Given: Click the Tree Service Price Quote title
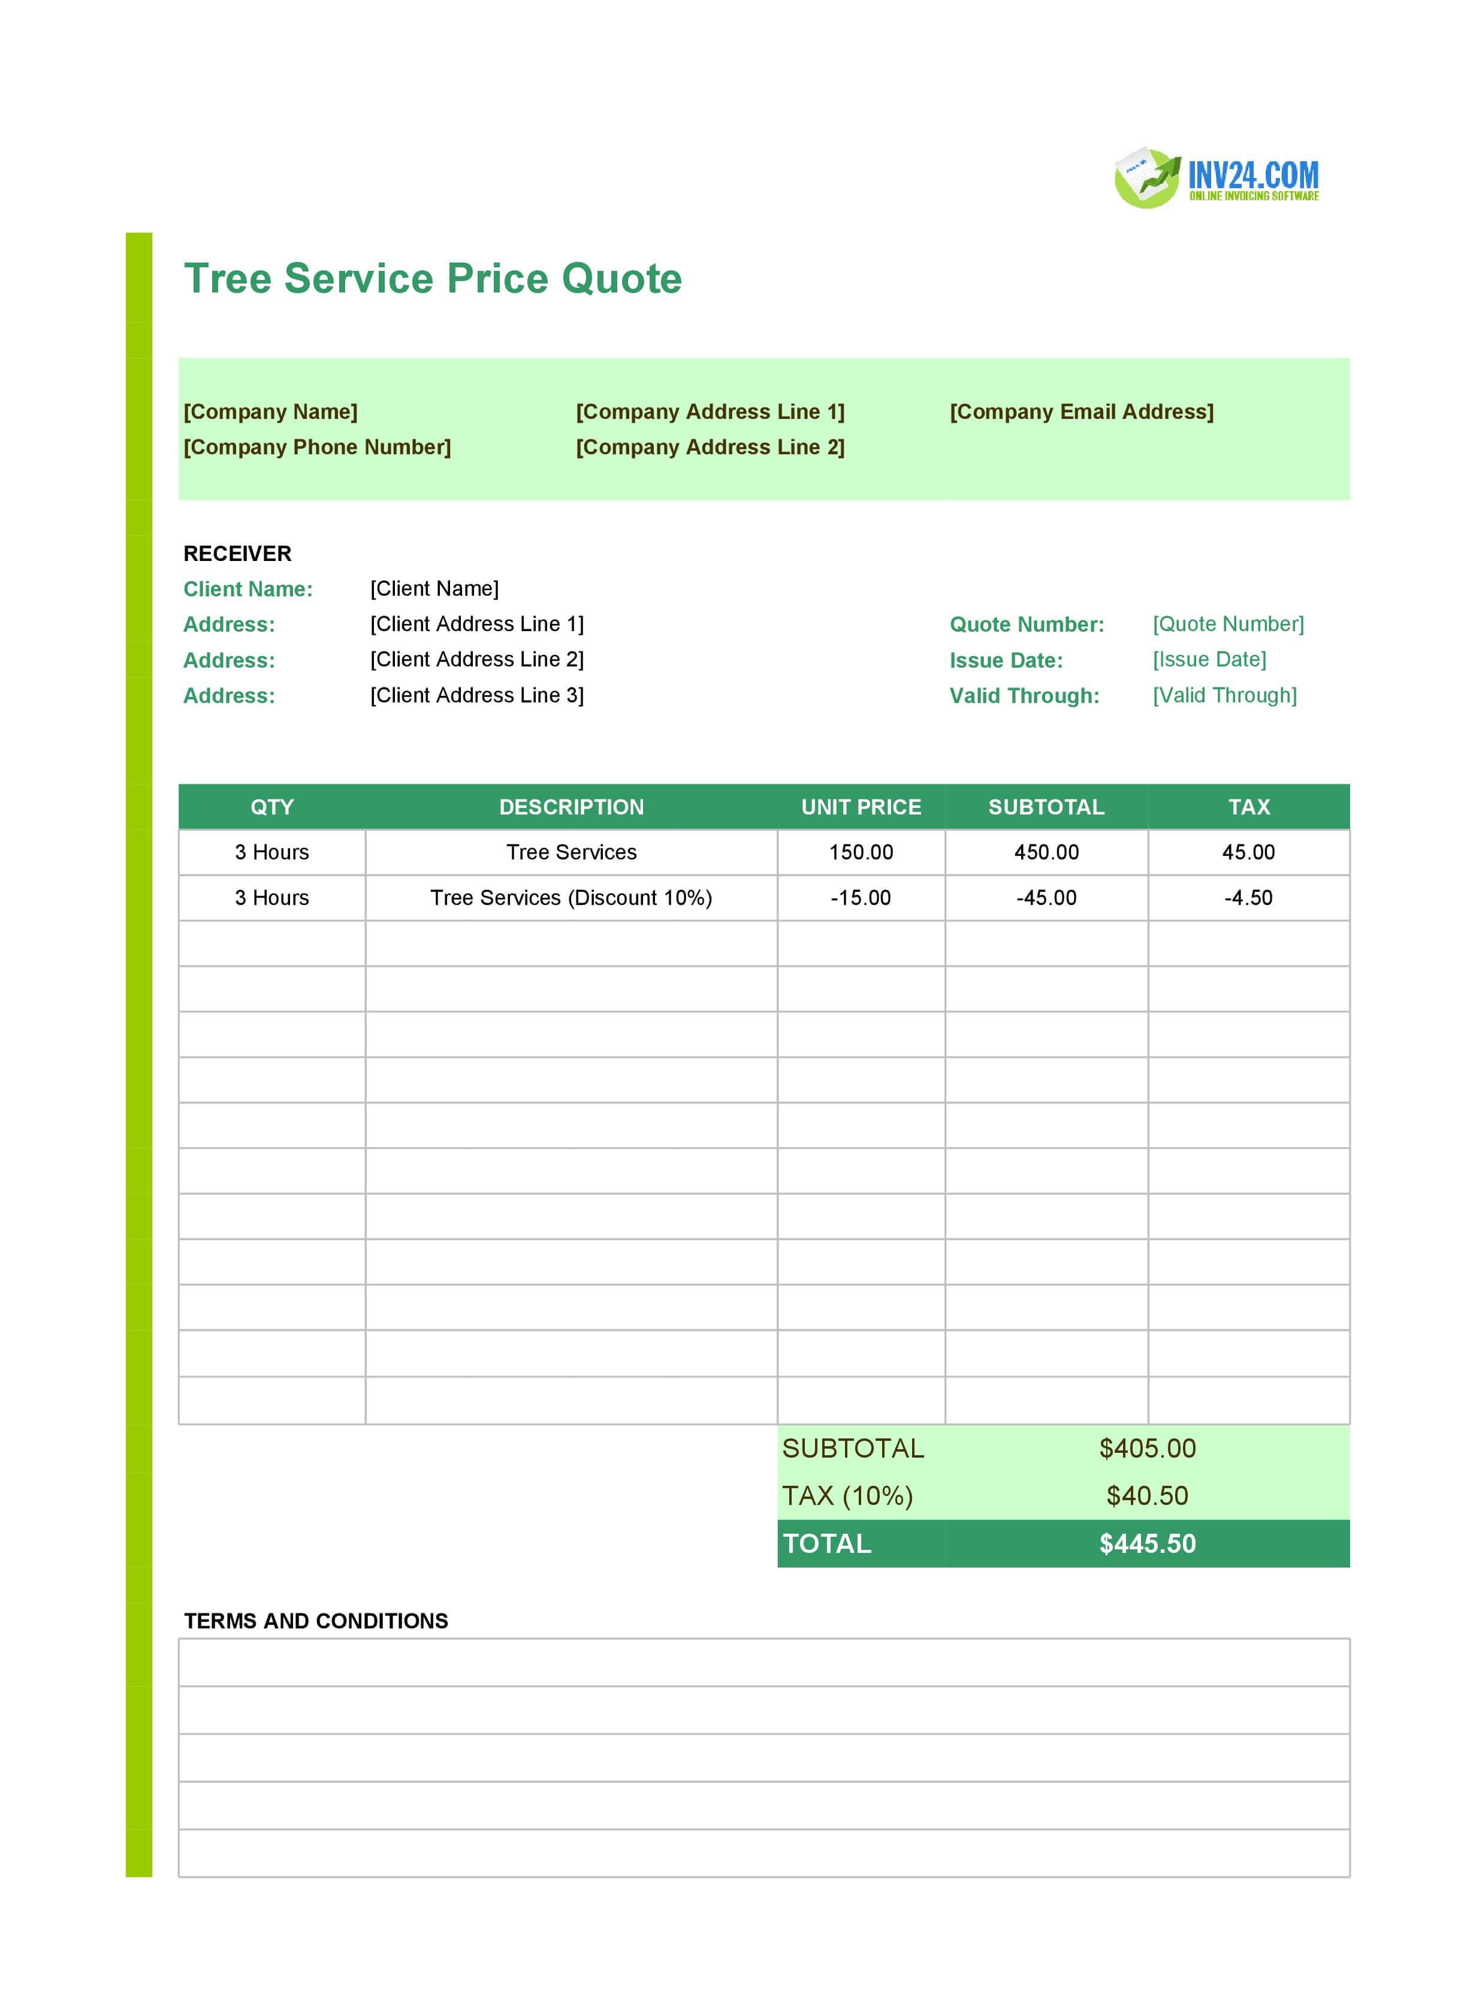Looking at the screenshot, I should coord(433,279).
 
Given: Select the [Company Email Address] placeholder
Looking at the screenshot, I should coord(1081,412).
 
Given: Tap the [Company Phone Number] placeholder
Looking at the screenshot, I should coord(317,448).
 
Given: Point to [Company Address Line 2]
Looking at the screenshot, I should coord(710,448).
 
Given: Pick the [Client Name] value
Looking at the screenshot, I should coord(434,589).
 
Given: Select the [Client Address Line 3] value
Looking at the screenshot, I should coord(476,695).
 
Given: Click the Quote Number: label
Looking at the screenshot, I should coord(1027,625).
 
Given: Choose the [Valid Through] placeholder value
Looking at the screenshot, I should coord(1224,695).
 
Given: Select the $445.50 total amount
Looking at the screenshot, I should coord(1147,1544).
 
